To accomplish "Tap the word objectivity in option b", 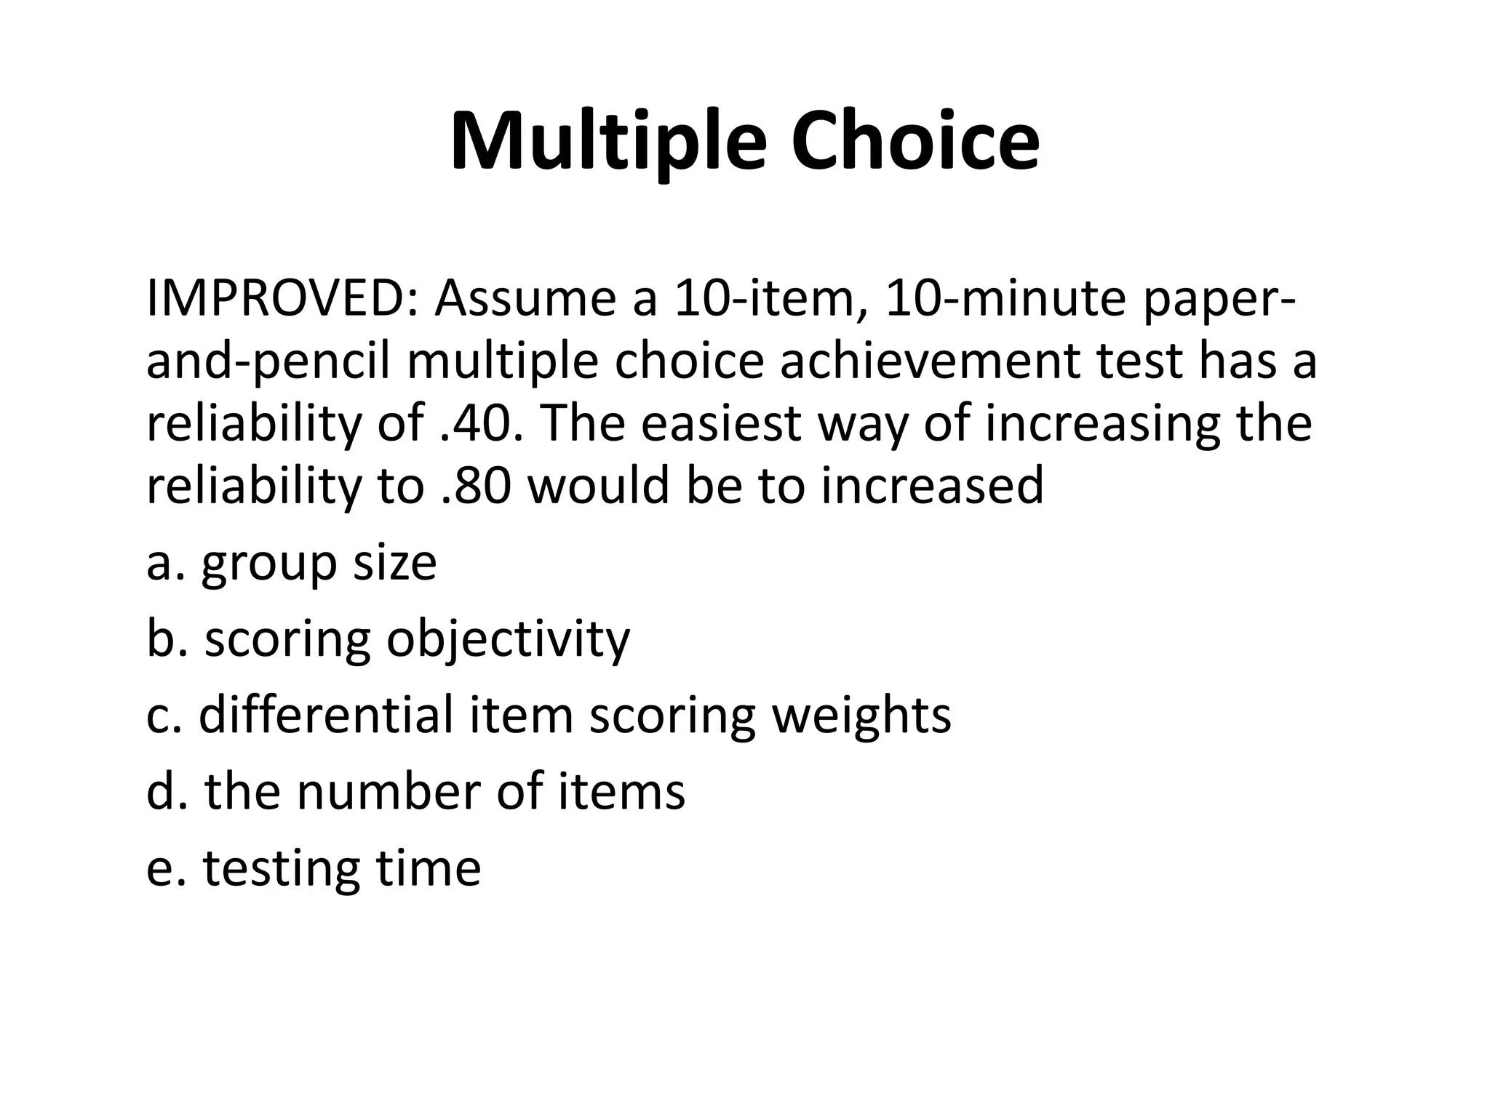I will pyautogui.click(x=507, y=640).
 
